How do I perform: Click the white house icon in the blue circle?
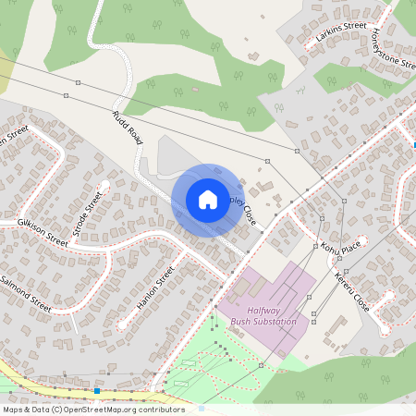tap(208, 200)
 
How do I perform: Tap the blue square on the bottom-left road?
tap(96, 391)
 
